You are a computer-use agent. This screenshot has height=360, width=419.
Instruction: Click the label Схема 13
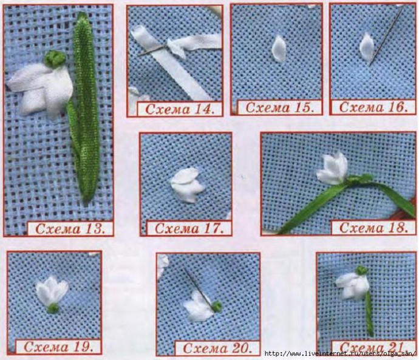[x=70, y=229]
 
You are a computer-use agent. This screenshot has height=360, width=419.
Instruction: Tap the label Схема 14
[x=180, y=109]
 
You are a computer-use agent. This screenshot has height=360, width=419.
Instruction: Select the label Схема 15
[x=279, y=107]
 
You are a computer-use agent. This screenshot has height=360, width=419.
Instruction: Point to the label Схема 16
[x=373, y=107]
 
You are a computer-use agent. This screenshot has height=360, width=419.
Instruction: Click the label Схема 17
[x=189, y=229]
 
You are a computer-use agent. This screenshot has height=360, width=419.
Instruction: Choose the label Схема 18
[x=374, y=228]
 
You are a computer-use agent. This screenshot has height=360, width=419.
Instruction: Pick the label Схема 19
[x=59, y=347]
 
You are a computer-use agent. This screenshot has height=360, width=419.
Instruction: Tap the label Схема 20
[x=217, y=348]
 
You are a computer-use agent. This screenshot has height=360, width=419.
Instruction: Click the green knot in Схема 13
[x=55, y=58]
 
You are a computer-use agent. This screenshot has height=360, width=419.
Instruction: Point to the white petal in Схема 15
[x=279, y=49]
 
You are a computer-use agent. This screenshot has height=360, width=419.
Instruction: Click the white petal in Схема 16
[x=367, y=47]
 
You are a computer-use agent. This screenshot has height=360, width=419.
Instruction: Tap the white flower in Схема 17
[x=187, y=185]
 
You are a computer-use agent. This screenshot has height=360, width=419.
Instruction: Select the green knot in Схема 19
[x=53, y=308]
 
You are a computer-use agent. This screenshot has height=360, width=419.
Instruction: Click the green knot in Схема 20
[x=217, y=305]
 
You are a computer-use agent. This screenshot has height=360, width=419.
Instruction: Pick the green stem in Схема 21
[x=369, y=313]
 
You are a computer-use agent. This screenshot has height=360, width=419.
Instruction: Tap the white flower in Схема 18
[x=332, y=168]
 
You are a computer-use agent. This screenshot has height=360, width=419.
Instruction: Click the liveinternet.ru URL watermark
[x=341, y=354]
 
